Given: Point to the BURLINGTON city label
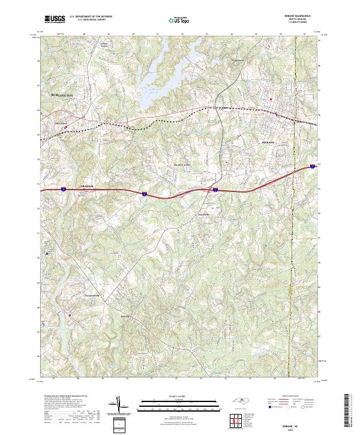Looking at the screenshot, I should click(62, 95).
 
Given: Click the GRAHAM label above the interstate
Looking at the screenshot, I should click(88, 186).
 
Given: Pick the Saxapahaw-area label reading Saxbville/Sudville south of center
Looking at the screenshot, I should click(125, 316).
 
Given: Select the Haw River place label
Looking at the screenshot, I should click(61, 124).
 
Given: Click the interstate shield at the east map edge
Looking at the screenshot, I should click(313, 166).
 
